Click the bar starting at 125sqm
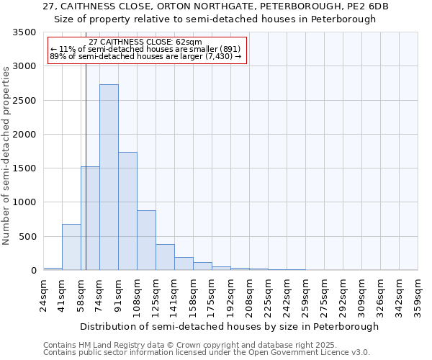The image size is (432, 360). pyautogui.click(x=165, y=257)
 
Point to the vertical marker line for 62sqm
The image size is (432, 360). pyautogui.click(x=86, y=144)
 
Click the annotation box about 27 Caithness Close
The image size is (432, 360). pyautogui.click(x=146, y=50)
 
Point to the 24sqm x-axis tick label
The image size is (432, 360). pyautogui.click(x=43, y=295)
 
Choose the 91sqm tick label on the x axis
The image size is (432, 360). pyautogui.click(x=118, y=295)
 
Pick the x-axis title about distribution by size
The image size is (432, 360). pyautogui.click(x=229, y=326)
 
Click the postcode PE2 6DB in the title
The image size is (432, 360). pyautogui.click(x=367, y=6)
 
